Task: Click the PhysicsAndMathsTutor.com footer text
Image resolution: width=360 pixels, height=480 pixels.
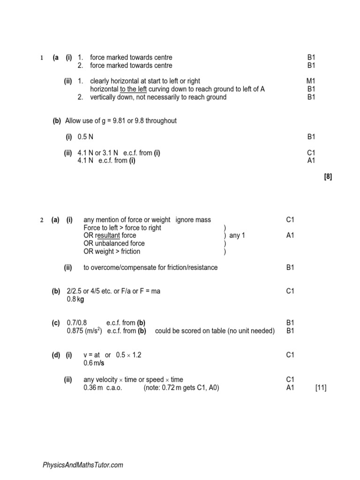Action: click(83, 465)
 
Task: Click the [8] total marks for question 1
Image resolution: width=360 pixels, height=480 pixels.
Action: click(328, 177)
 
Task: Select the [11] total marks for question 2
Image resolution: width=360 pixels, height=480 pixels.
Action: click(321, 388)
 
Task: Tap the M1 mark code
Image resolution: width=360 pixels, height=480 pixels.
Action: click(311, 81)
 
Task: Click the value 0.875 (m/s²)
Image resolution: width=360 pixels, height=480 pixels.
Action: click(85, 331)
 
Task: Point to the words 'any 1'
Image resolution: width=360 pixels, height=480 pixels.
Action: click(237, 235)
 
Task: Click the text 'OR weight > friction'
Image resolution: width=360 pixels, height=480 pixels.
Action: click(112, 251)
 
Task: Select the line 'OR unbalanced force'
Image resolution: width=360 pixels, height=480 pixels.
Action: click(114, 243)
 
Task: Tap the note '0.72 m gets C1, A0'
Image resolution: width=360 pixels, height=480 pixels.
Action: click(182, 388)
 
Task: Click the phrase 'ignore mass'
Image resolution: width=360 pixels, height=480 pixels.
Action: click(193, 220)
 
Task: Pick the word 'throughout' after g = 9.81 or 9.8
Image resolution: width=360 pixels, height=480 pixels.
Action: click(161, 121)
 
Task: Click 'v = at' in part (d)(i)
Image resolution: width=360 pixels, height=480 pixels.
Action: click(92, 355)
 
